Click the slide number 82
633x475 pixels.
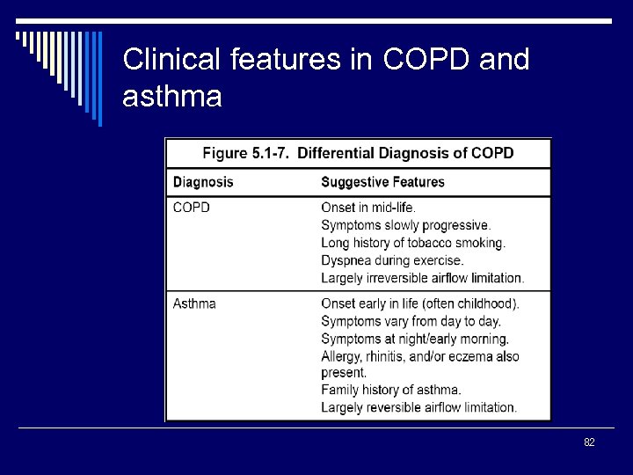click(x=589, y=442)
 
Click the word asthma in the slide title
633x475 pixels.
click(x=172, y=97)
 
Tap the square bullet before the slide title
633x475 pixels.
click(x=20, y=38)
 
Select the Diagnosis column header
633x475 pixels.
click(x=203, y=182)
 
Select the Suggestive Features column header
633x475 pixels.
click(x=382, y=182)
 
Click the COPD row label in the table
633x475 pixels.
click(x=191, y=208)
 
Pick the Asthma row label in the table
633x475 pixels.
click(x=194, y=303)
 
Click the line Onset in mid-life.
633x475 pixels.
click(x=368, y=208)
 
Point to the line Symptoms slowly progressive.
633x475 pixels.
click(x=405, y=225)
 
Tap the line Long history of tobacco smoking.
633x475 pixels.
click(x=412, y=243)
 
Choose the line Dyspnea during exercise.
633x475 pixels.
click(x=392, y=260)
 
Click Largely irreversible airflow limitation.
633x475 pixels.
click(x=422, y=278)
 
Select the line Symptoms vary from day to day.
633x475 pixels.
click(x=410, y=321)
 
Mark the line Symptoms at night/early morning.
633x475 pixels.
click(x=415, y=339)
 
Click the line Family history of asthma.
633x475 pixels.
click(x=390, y=390)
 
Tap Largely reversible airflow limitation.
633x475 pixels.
click(x=418, y=407)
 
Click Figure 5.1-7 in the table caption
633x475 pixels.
click(x=246, y=153)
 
